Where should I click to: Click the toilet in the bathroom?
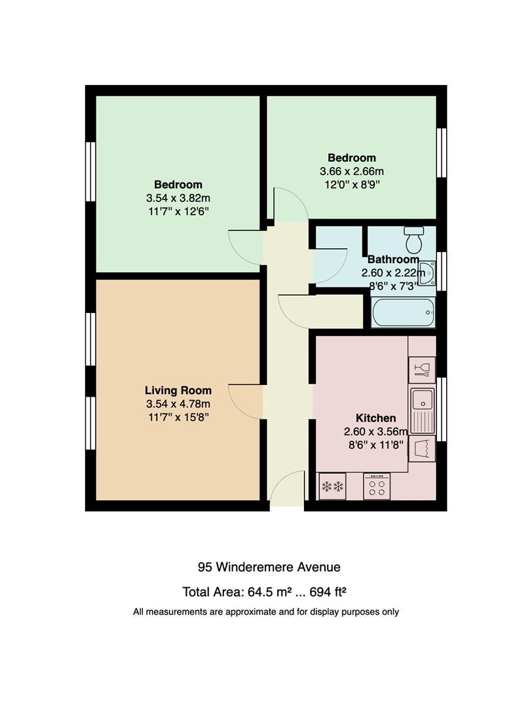point(413,240)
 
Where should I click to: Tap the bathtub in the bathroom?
point(404,312)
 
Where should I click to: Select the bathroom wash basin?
point(427,273)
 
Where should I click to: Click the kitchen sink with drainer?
point(423,410)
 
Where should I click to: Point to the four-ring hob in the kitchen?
point(377,486)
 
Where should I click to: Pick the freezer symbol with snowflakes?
point(332,486)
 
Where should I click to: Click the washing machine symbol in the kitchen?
point(422,448)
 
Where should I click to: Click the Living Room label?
point(178,390)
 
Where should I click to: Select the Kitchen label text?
point(376,418)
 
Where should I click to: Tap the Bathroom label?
point(393,259)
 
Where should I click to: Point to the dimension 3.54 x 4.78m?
point(178,404)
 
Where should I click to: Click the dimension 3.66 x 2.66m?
point(352,172)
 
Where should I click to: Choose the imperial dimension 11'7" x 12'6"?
point(178,211)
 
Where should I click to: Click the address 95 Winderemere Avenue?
point(269,567)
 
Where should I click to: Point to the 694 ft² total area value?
point(328,592)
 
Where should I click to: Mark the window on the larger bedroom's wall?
point(90,172)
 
